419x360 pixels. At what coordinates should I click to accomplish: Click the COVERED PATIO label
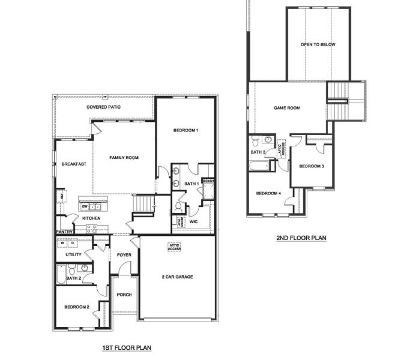click(104, 107)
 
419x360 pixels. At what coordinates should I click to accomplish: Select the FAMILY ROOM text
click(124, 157)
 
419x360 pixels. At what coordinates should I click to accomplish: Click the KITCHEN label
click(91, 218)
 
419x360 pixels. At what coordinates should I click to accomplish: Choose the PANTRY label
click(64, 232)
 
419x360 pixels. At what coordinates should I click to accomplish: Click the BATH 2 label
click(74, 278)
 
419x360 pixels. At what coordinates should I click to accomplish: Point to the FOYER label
click(124, 255)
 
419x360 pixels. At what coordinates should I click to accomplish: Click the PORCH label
click(124, 295)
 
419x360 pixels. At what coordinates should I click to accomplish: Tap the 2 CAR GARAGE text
click(178, 277)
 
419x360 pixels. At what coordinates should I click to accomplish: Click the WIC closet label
click(193, 221)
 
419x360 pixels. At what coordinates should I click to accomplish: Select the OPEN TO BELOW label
click(318, 45)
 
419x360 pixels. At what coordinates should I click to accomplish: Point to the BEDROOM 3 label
click(312, 166)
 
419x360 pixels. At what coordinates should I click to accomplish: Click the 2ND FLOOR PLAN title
click(301, 238)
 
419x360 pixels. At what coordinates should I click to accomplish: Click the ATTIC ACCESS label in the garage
click(173, 247)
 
